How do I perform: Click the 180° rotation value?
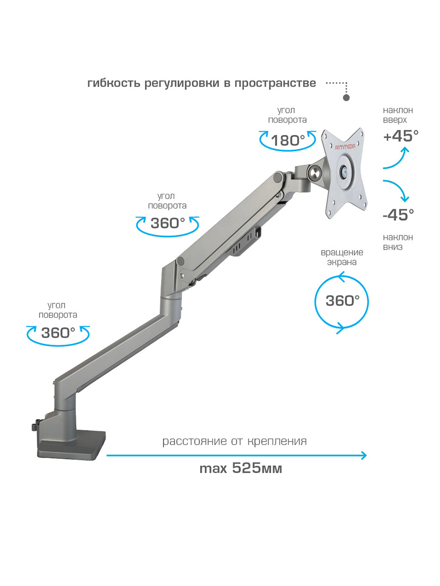click(x=288, y=141)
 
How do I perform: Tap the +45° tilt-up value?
click(x=401, y=136)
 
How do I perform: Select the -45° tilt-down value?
click(x=398, y=215)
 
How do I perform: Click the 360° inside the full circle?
click(x=343, y=301)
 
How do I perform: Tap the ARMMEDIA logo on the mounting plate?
click(x=345, y=146)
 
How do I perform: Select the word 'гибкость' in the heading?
click(x=114, y=83)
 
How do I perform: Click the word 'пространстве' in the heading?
click(x=275, y=84)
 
